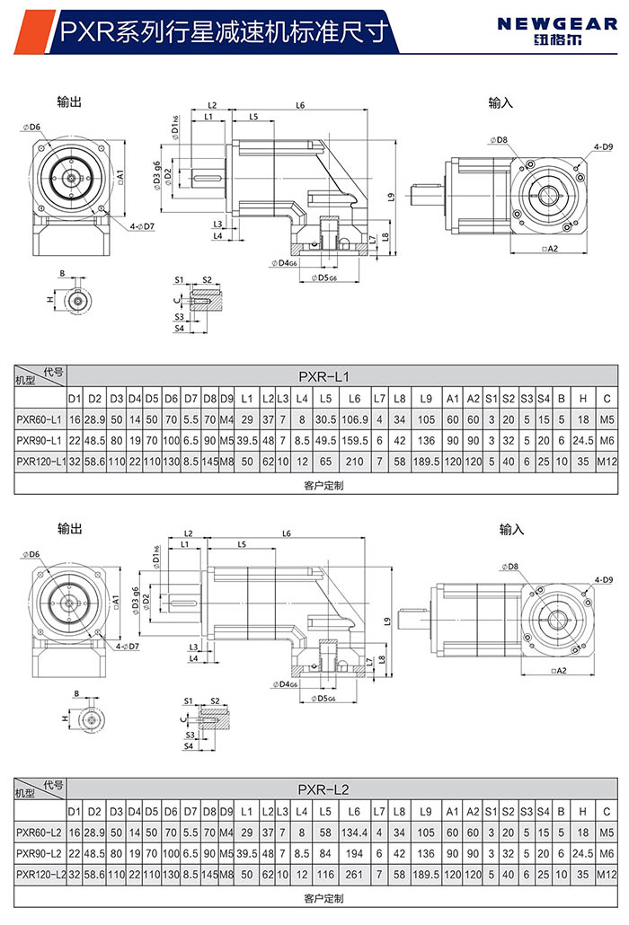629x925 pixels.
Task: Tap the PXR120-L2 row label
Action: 40,875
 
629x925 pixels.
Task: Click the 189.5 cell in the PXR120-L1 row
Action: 426,462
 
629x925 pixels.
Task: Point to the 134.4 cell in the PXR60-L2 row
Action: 355,832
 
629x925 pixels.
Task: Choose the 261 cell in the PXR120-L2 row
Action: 355,875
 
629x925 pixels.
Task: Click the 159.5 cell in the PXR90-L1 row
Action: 355,441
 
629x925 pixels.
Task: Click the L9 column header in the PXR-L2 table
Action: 426,812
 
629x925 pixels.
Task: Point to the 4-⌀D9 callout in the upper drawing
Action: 602,145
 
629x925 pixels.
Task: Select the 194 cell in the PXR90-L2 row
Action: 355,853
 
